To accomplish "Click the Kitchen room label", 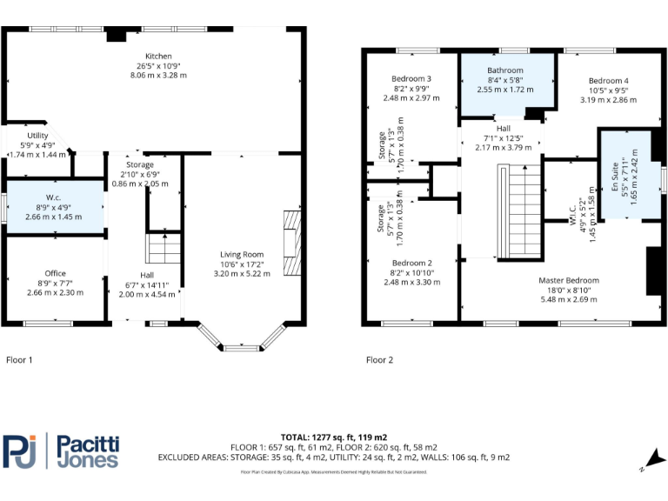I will [x=157, y=56].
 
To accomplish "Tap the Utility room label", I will [x=37, y=137].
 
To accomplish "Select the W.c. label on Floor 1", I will [x=54, y=198].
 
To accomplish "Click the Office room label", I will [x=55, y=273].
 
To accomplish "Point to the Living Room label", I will [x=241, y=254].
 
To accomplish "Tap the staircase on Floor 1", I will [x=163, y=249].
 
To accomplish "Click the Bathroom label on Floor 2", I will [x=505, y=70].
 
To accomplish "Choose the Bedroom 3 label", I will [x=411, y=79].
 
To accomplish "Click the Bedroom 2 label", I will [x=411, y=263].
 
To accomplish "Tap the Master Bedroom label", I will [x=569, y=280].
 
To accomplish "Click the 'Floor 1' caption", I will [x=19, y=359].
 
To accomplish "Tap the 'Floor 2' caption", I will [x=379, y=359].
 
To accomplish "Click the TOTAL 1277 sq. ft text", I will [x=334, y=437].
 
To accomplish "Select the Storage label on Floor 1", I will [x=139, y=164].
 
